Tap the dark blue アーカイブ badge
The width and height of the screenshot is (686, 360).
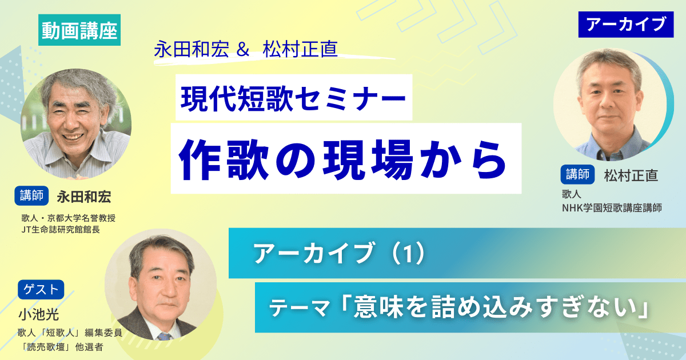[x=627, y=24]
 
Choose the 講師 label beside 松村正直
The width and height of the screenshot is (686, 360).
[x=579, y=175]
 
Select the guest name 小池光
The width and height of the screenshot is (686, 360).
[x=38, y=314]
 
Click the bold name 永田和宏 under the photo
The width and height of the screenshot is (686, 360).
[x=83, y=197]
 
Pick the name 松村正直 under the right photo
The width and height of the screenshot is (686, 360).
[x=631, y=175]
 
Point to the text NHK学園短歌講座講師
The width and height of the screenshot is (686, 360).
[x=611, y=208]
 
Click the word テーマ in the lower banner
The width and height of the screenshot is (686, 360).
[x=300, y=310]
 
